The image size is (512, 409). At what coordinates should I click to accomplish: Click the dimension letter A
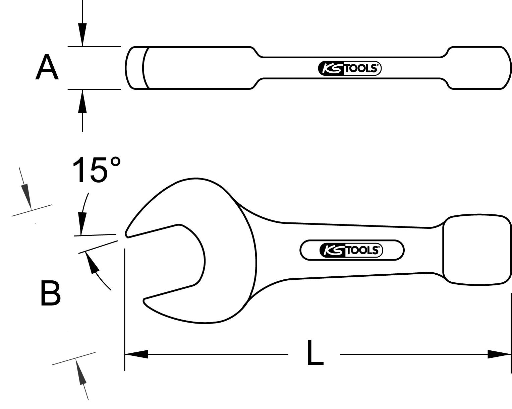point(47,68)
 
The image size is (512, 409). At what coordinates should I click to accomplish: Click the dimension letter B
point(50,293)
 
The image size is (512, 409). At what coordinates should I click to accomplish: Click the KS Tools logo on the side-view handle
point(349,68)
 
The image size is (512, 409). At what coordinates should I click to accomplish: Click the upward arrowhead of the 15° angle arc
point(92,263)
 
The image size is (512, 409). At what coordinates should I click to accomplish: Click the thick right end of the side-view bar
point(479,68)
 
